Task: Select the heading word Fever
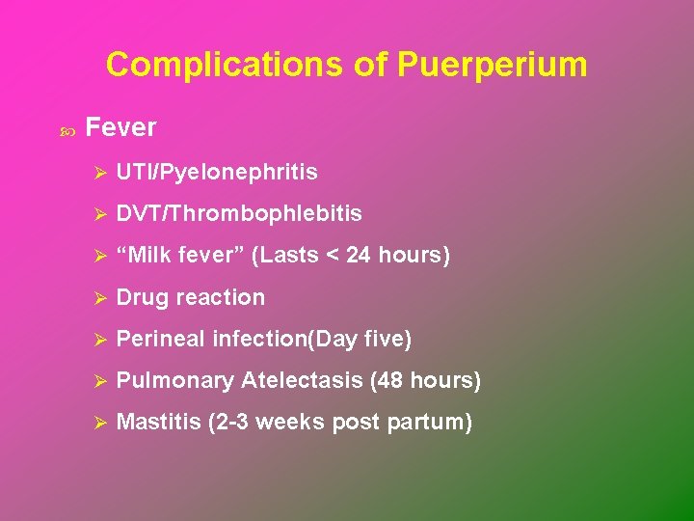pyautogui.click(x=120, y=127)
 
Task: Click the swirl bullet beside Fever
pyautogui.click(x=67, y=129)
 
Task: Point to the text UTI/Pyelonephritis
pyautogui.click(x=217, y=173)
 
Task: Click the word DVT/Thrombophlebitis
pyautogui.click(x=239, y=214)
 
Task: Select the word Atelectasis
pyautogui.click(x=302, y=381)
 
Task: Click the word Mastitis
pyautogui.click(x=158, y=423)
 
